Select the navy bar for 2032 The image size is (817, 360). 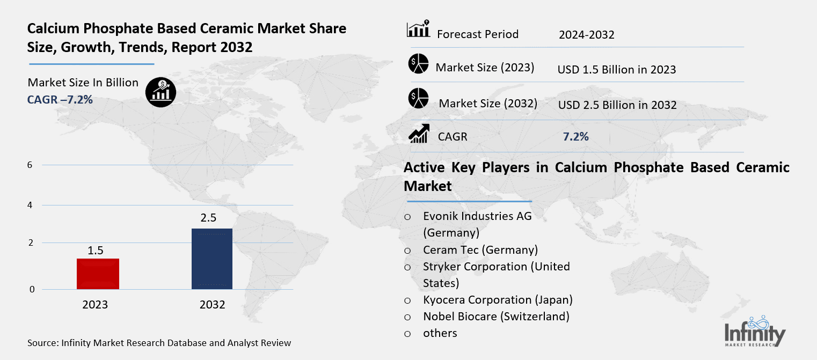(212, 259)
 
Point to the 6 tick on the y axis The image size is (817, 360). (31, 165)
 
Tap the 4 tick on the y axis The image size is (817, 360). (31, 205)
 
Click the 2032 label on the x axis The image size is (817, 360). (212, 305)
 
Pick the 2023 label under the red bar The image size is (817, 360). (95, 305)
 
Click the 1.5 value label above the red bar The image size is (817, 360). (96, 250)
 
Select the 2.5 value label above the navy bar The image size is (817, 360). (209, 219)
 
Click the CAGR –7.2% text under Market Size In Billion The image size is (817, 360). (60, 99)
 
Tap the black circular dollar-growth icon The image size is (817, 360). (161, 92)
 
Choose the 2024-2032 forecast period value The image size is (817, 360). (586, 35)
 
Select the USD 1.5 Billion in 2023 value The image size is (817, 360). (616, 70)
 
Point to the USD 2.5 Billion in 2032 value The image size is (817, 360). (617, 105)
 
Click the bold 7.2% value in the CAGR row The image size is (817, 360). (575, 137)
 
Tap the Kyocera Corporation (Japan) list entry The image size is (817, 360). (498, 300)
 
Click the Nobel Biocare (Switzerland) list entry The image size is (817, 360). (496, 317)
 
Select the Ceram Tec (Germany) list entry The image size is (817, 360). (480, 250)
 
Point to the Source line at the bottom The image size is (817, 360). (159, 343)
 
